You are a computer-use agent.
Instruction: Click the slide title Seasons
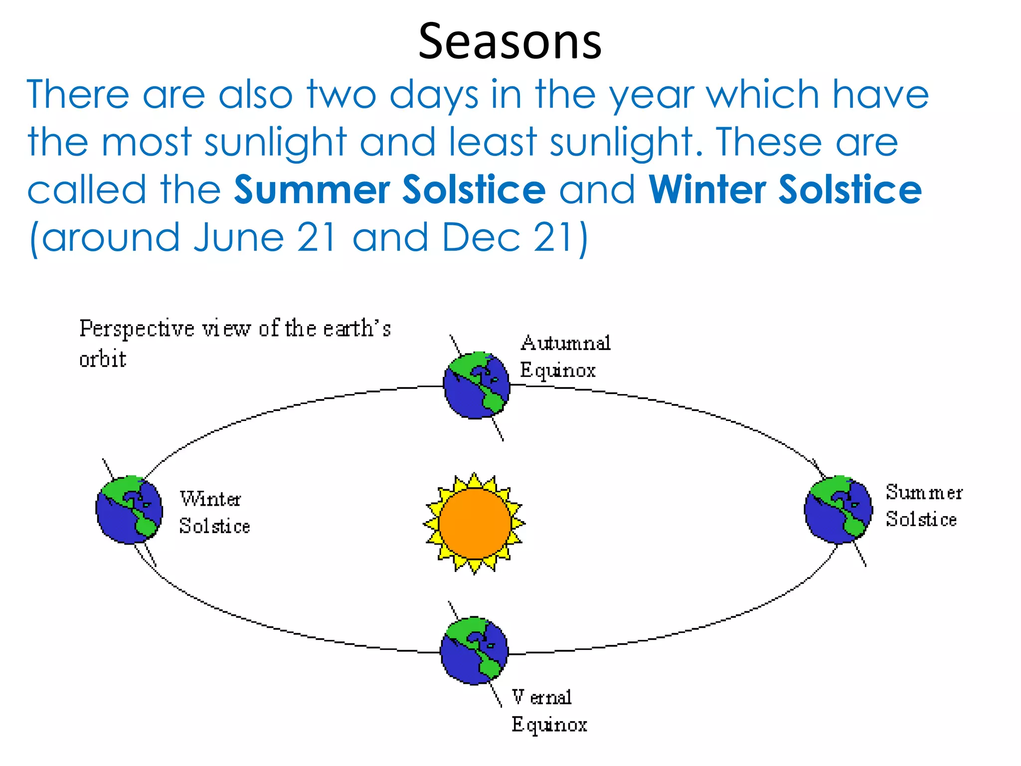(x=510, y=42)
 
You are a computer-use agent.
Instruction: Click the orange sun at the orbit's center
(x=475, y=524)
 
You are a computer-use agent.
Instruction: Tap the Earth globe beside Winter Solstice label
(x=129, y=510)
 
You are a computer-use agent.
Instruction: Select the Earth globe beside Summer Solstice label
(x=839, y=510)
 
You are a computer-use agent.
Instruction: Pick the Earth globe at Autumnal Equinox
(x=477, y=385)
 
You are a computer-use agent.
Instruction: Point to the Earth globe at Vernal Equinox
(x=474, y=651)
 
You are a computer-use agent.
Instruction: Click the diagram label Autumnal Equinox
(x=565, y=357)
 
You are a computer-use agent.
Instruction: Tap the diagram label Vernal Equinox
(x=548, y=710)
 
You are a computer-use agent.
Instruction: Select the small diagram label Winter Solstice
(x=214, y=512)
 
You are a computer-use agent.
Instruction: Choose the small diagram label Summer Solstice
(x=923, y=506)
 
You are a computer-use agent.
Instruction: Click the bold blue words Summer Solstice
(x=390, y=190)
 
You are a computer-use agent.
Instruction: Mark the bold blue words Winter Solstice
(x=785, y=190)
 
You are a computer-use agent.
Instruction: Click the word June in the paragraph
(x=238, y=238)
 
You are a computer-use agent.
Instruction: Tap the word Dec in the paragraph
(x=481, y=238)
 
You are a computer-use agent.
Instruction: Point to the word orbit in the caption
(x=103, y=359)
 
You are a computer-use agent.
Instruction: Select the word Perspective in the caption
(x=137, y=329)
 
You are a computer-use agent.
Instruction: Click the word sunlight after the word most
(x=275, y=143)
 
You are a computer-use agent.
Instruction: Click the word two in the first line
(x=341, y=95)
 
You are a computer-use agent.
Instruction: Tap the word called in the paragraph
(x=87, y=190)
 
